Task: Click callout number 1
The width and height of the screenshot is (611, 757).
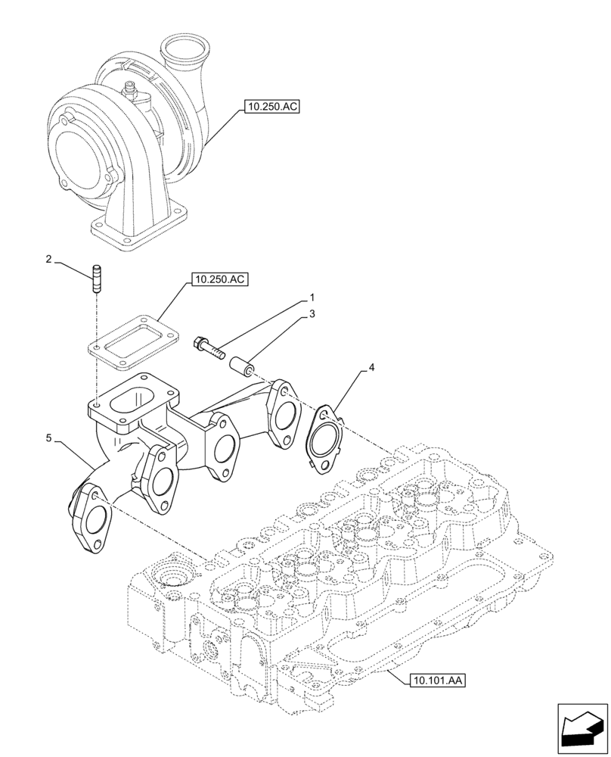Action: [311, 298]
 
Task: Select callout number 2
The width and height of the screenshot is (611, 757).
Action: [49, 260]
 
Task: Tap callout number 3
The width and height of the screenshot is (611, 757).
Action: [311, 313]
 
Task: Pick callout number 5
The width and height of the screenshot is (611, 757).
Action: [49, 438]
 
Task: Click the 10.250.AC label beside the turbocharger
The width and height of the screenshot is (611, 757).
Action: [271, 107]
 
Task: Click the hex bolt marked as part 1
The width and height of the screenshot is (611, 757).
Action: [209, 347]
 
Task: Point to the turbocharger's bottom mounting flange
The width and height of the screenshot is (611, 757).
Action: [141, 226]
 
